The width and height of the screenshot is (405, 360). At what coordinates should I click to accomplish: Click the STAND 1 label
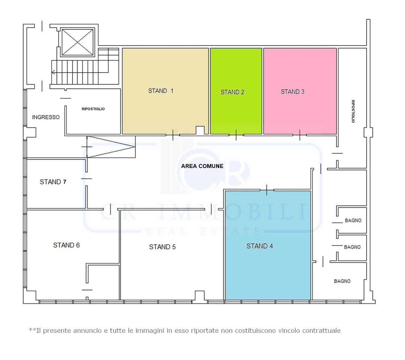point(161,91)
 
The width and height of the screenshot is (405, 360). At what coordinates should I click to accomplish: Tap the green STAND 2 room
point(236,91)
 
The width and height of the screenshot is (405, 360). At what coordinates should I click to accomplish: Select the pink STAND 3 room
point(300,91)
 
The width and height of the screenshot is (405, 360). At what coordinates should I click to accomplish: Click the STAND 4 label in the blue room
point(260,246)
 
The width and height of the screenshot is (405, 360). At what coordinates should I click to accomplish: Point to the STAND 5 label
point(162,247)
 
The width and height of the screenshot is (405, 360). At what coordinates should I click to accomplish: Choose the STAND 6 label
point(66,245)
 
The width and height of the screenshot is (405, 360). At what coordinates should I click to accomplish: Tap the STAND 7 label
point(53,182)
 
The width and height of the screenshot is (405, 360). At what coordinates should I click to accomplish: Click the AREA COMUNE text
point(202,166)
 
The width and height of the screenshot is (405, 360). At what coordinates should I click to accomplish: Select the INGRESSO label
point(46,117)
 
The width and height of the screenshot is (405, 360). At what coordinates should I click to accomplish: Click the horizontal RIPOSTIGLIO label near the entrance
point(93,109)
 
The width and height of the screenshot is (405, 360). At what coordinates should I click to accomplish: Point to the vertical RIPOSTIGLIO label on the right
point(353,111)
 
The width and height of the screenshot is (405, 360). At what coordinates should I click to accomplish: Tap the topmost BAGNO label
point(353,220)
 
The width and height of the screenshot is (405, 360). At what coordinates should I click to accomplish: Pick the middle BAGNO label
point(352,247)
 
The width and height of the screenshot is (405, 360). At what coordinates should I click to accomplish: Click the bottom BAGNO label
point(342,281)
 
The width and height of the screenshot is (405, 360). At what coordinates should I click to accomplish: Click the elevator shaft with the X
point(78,42)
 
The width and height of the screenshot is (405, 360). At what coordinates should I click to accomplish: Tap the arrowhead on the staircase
point(53,72)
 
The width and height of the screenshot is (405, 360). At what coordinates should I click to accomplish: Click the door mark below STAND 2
point(236,135)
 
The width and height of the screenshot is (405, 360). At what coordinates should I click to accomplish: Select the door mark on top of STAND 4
point(266,190)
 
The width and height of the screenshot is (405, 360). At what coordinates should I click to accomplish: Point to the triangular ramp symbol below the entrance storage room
point(111,147)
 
